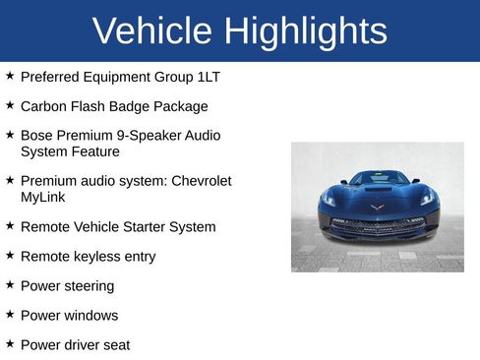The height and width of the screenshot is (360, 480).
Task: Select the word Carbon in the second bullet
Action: tap(44, 105)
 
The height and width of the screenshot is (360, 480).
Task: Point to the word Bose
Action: tap(37, 135)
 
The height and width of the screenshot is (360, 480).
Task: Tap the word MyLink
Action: tap(42, 197)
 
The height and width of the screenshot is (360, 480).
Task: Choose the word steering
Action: tap(88, 285)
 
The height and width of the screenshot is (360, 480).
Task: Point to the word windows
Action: tap(90, 315)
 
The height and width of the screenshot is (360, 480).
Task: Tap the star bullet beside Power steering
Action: tap(10, 284)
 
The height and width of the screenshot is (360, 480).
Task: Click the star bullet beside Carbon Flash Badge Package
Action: tap(10, 104)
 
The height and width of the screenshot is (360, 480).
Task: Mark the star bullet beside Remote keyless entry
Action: tap(10, 255)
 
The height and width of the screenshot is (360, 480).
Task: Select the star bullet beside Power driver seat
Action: tap(10, 343)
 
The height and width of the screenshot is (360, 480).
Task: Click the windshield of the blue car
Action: tap(378, 179)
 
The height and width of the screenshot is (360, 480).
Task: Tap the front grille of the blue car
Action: tap(377, 224)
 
